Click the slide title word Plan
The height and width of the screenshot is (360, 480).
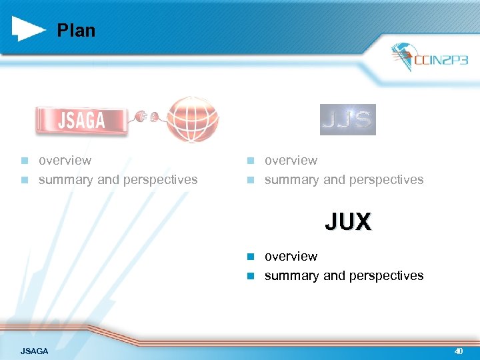coord(76,31)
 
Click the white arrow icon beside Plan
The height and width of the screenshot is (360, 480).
coord(29,29)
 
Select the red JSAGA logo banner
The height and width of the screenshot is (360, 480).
coord(81,120)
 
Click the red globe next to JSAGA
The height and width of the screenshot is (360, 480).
coord(192,119)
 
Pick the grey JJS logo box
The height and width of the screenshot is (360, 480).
coord(347,119)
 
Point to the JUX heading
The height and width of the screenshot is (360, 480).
coord(348,221)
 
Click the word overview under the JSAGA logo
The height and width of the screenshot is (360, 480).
coord(65,161)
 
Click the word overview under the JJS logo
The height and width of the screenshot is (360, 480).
coord(291,161)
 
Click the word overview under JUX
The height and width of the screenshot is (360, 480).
coord(291,257)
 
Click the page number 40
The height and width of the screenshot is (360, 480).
coord(459,351)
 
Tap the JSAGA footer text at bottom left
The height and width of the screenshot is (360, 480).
coord(34,351)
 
